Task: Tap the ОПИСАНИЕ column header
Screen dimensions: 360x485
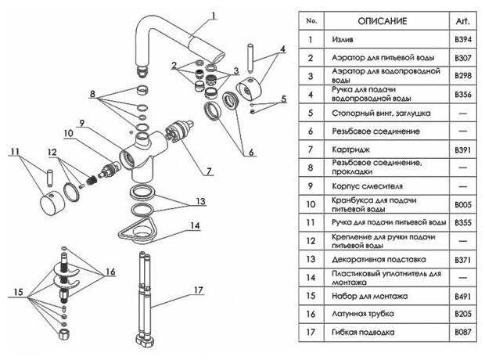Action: click(x=381, y=20)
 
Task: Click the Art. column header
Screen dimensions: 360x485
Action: click(x=463, y=20)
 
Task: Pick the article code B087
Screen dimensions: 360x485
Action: click(x=463, y=333)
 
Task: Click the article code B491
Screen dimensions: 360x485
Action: click(x=463, y=296)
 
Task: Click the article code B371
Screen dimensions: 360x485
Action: click(x=463, y=258)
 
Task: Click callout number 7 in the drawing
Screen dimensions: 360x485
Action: click(x=208, y=170)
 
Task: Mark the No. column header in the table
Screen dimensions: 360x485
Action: click(x=311, y=20)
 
